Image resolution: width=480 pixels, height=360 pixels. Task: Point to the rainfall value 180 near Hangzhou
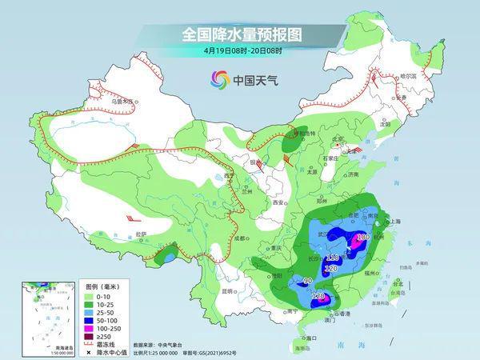pos(362,237)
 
